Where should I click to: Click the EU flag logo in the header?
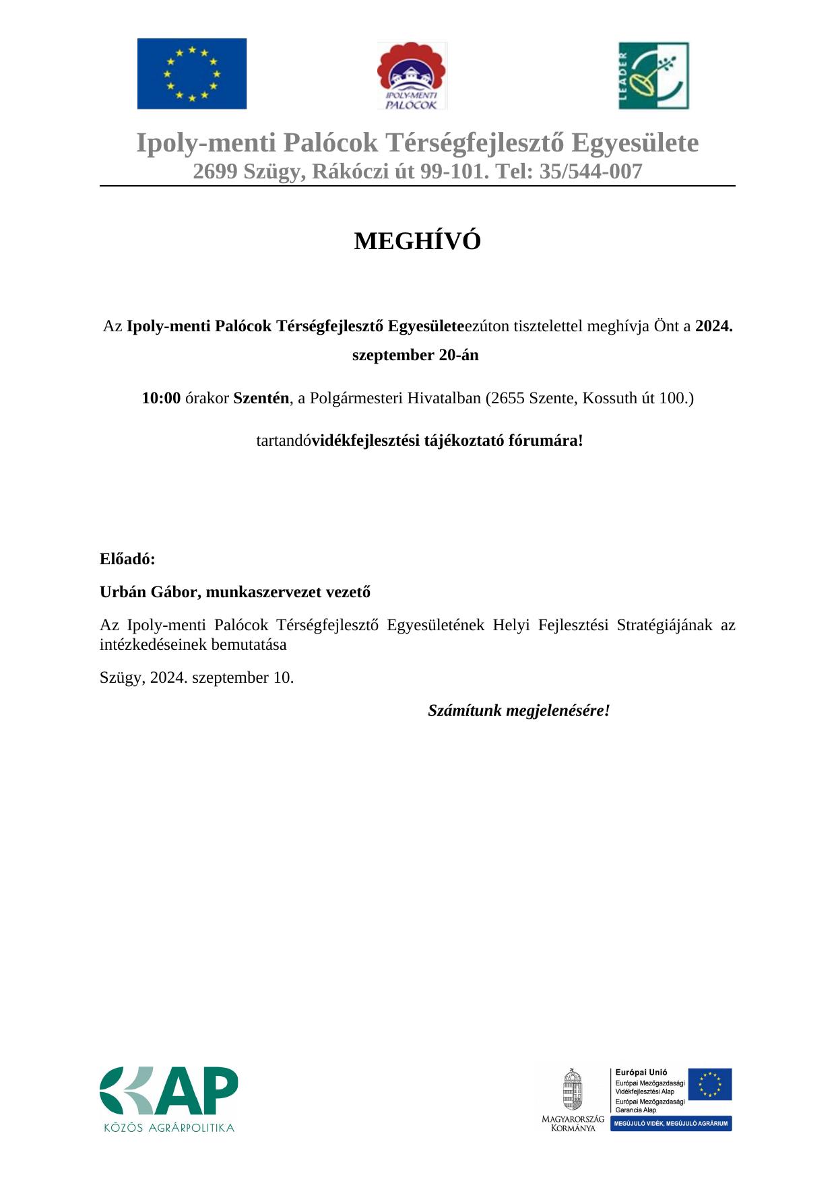tap(192, 73)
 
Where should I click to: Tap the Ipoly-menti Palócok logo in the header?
tap(412, 75)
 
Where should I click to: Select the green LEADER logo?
tap(653, 75)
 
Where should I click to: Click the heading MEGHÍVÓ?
tap(418, 241)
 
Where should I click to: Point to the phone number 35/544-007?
tap(591, 172)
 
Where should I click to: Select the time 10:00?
tap(161, 398)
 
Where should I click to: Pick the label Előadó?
tap(127, 559)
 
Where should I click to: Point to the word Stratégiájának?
tap(664, 625)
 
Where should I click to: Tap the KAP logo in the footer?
tap(169, 1090)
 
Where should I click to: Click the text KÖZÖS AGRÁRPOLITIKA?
tap(168, 1127)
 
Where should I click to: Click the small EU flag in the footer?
tap(710, 1084)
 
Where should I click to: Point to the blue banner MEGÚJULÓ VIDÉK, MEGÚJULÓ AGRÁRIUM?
tap(671, 1124)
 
